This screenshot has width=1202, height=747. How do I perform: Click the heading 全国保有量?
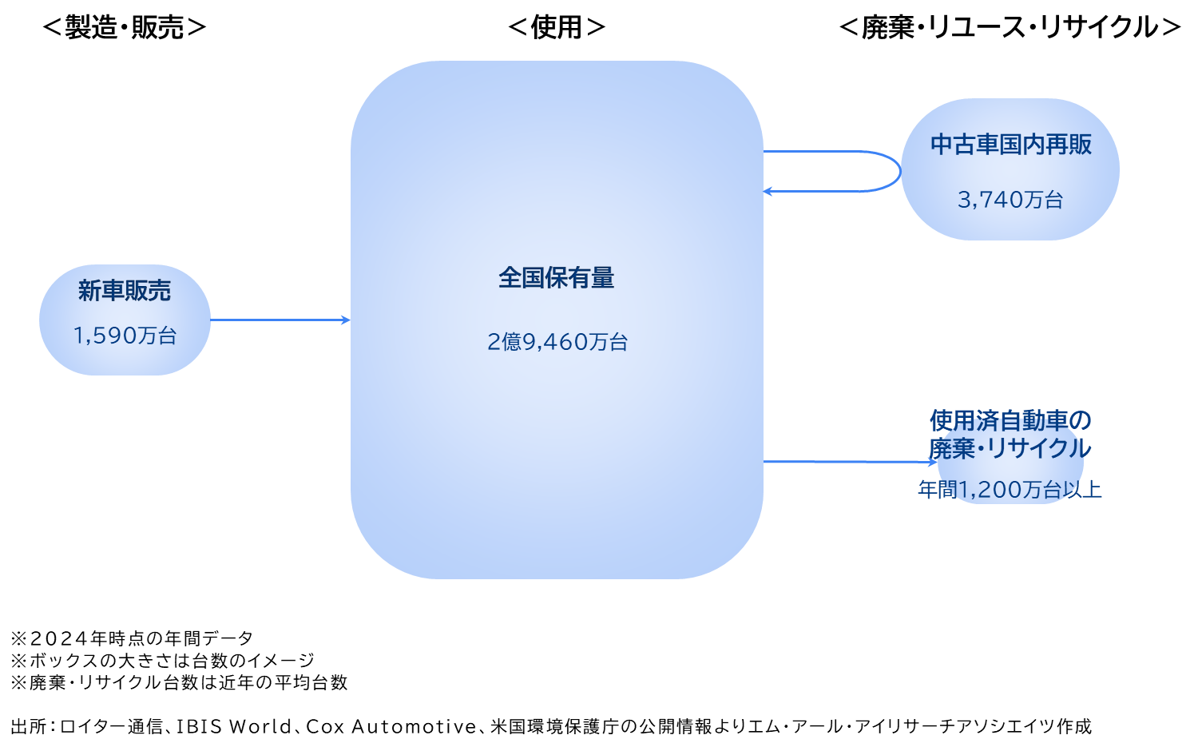pyautogui.click(x=557, y=278)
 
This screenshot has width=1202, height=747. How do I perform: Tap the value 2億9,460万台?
pyautogui.click(x=557, y=342)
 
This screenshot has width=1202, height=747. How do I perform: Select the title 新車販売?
pyautogui.click(x=125, y=291)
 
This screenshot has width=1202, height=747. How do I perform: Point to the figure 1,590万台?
pyautogui.click(x=125, y=336)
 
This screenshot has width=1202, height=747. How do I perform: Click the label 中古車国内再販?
pyautogui.click(x=1010, y=145)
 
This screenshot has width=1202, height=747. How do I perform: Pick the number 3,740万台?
pyautogui.click(x=1010, y=200)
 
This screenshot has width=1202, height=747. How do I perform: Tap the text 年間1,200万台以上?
pyautogui.click(x=1010, y=489)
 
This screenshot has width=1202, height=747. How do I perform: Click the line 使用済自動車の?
pyautogui.click(x=1010, y=420)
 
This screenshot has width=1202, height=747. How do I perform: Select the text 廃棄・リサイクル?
pyautogui.click(x=1010, y=448)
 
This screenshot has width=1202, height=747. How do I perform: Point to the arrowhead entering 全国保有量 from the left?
pyautogui.click(x=346, y=320)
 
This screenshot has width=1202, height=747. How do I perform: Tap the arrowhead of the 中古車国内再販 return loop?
pyautogui.click(x=768, y=192)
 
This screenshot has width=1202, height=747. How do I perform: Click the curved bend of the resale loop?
pyautogui.click(x=897, y=171)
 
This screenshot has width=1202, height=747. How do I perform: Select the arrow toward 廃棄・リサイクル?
pyautogui.click(x=847, y=462)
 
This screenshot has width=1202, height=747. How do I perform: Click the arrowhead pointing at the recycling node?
pyautogui.click(x=933, y=462)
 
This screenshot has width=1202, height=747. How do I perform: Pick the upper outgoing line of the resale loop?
pyautogui.click(x=823, y=151)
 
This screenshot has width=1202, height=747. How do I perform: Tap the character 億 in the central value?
pyautogui.click(x=512, y=342)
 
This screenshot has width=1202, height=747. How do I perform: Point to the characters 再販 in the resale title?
pyautogui.click(x=1069, y=145)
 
